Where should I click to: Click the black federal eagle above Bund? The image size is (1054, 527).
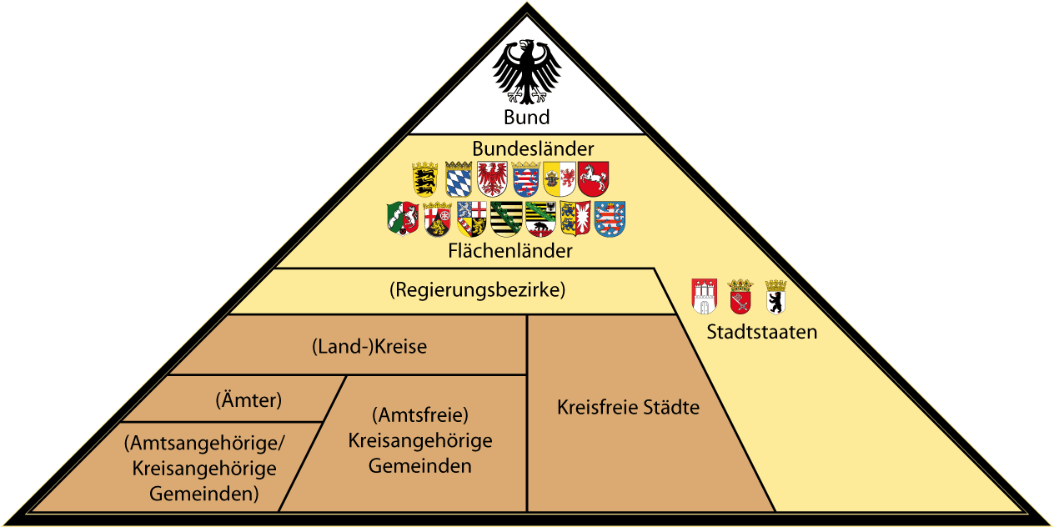[527, 72]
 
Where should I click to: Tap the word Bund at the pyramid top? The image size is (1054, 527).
[527, 117]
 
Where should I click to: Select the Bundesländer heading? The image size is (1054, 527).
[533, 148]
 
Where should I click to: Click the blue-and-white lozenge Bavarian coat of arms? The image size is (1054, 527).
[459, 178]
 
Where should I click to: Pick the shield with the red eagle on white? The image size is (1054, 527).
[492, 178]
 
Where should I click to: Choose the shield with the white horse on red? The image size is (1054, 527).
[594, 178]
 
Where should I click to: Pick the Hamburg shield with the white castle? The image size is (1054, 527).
[705, 297]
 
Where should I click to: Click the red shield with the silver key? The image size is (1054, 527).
[740, 297]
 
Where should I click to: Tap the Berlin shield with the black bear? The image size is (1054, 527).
[775, 297]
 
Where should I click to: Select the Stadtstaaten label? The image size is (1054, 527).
[762, 332]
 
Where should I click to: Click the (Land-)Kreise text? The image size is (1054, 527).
[369, 347]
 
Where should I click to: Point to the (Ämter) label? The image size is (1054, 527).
[248, 400]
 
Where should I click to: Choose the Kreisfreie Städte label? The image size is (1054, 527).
[628, 408]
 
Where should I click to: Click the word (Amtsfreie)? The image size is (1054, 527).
[420, 414]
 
